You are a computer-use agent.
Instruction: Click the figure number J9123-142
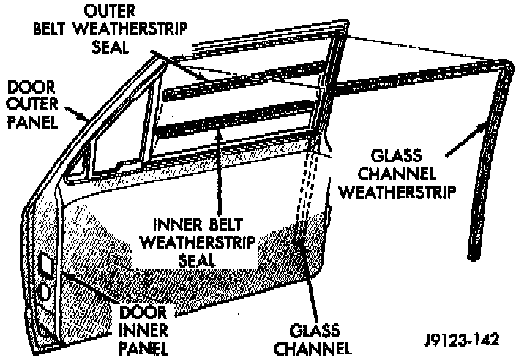tap(462, 340)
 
